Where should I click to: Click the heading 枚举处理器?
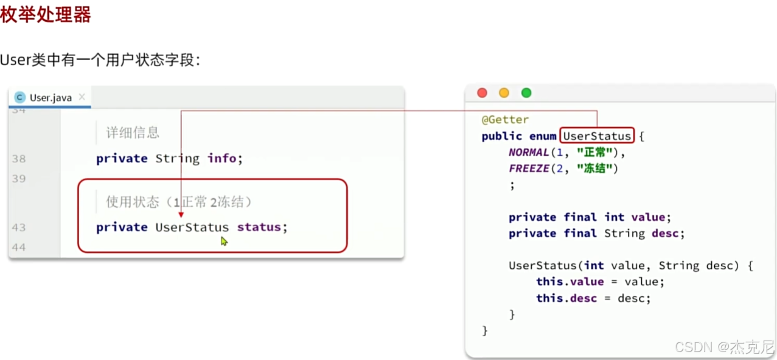[46, 14]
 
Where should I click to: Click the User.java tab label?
[51, 97]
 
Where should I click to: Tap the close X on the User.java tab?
[82, 97]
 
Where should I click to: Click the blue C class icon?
[20, 97]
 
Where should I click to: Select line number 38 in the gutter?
[18, 159]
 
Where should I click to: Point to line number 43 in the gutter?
[18, 227]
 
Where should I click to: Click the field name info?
[221, 159]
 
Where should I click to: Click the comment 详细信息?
[133, 133]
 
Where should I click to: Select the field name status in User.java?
[259, 227]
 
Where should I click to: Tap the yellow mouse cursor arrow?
[224, 241]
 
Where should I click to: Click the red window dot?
[482, 93]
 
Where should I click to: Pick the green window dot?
[526, 93]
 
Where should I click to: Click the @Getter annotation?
[505, 120]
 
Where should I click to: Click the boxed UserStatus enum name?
[597, 136]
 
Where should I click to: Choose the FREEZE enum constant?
[529, 169]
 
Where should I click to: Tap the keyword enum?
[543, 136]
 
